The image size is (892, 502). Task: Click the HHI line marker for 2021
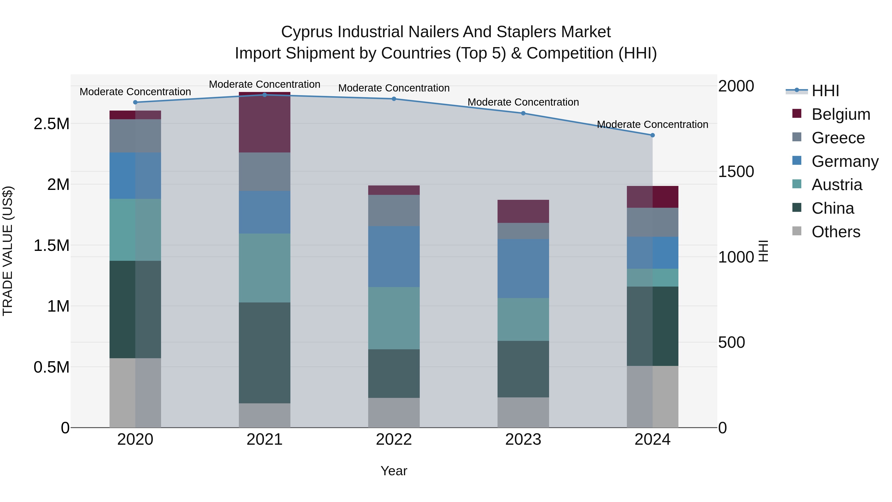[x=265, y=95]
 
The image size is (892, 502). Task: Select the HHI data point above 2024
[x=652, y=135]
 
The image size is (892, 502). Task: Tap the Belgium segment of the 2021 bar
[x=265, y=122]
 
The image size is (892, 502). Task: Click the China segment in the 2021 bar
[x=265, y=353]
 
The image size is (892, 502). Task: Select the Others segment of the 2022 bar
[x=394, y=412]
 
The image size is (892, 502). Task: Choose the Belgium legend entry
[x=840, y=114]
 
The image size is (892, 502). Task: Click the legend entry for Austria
[x=836, y=185]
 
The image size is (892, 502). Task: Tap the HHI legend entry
[x=825, y=91]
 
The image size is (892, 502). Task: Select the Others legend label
[x=836, y=232]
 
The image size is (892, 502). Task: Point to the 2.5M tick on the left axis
[x=51, y=124]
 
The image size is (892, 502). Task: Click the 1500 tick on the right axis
[x=736, y=172]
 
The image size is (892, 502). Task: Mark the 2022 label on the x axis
[x=394, y=440]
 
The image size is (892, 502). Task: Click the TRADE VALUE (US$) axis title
[x=8, y=251]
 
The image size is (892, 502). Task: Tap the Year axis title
[x=394, y=471]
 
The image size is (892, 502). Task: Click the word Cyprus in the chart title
[x=307, y=32]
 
